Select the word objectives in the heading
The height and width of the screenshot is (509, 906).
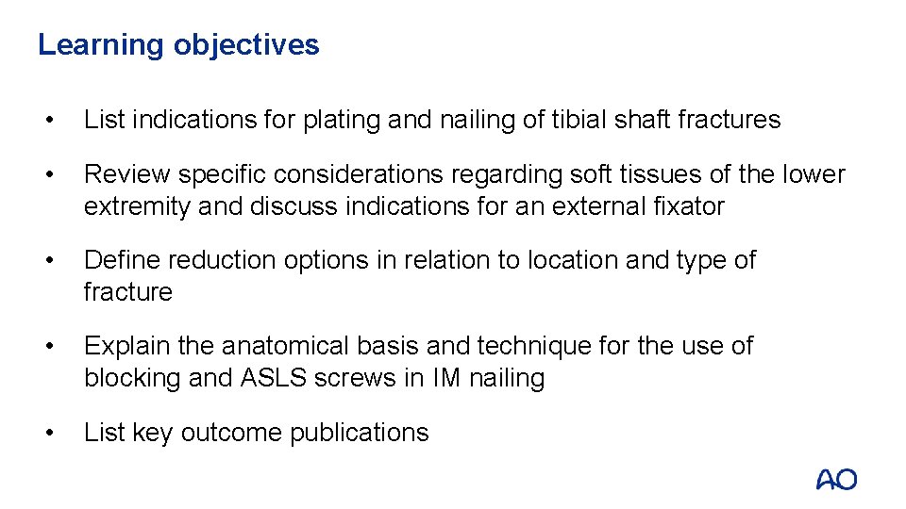tap(246, 45)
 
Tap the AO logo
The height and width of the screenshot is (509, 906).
tap(836, 479)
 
